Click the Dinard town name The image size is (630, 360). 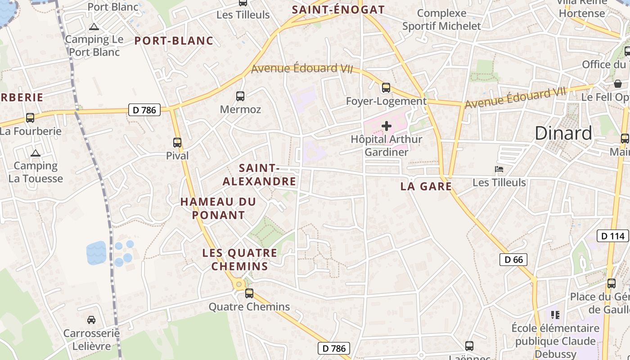click(563, 133)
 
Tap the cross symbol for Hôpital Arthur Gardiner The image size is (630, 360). click(386, 126)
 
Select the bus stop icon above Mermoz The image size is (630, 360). click(240, 96)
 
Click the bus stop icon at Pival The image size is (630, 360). click(177, 143)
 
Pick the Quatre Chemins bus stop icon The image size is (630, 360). click(249, 293)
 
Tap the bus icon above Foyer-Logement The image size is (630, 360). click(386, 88)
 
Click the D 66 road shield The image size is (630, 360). click(513, 259)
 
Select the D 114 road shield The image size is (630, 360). click(612, 235)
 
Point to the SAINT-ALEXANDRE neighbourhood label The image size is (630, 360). click(260, 175)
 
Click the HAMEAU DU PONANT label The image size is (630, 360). click(218, 208)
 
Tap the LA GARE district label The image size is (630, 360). click(426, 186)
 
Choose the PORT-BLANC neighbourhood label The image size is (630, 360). click(174, 40)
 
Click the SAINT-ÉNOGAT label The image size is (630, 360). click(338, 9)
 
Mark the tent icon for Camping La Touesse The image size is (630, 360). click(36, 153)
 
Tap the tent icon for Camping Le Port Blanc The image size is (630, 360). click(94, 27)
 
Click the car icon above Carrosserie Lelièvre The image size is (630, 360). click(91, 320)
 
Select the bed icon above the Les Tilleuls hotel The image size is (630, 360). click(499, 170)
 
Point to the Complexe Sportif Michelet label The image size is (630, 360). click(441, 19)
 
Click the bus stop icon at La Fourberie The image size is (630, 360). click(30, 118)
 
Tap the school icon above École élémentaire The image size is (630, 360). click(555, 315)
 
